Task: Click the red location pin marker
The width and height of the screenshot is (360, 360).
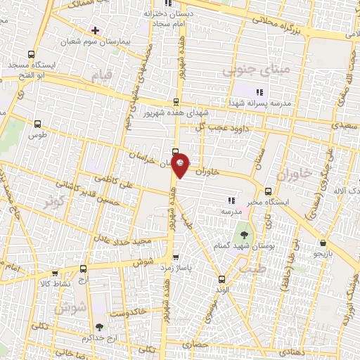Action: (x=180, y=165)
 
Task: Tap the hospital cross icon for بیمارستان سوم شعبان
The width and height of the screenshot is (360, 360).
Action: (x=95, y=31)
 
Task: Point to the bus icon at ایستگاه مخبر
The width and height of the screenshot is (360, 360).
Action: (x=268, y=191)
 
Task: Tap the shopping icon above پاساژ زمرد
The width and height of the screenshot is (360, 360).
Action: (x=175, y=257)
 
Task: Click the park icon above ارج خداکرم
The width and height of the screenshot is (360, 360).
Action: (x=98, y=327)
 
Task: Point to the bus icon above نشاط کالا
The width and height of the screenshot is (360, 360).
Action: (x=84, y=269)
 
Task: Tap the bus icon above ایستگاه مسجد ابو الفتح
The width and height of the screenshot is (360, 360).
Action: (x=31, y=54)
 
